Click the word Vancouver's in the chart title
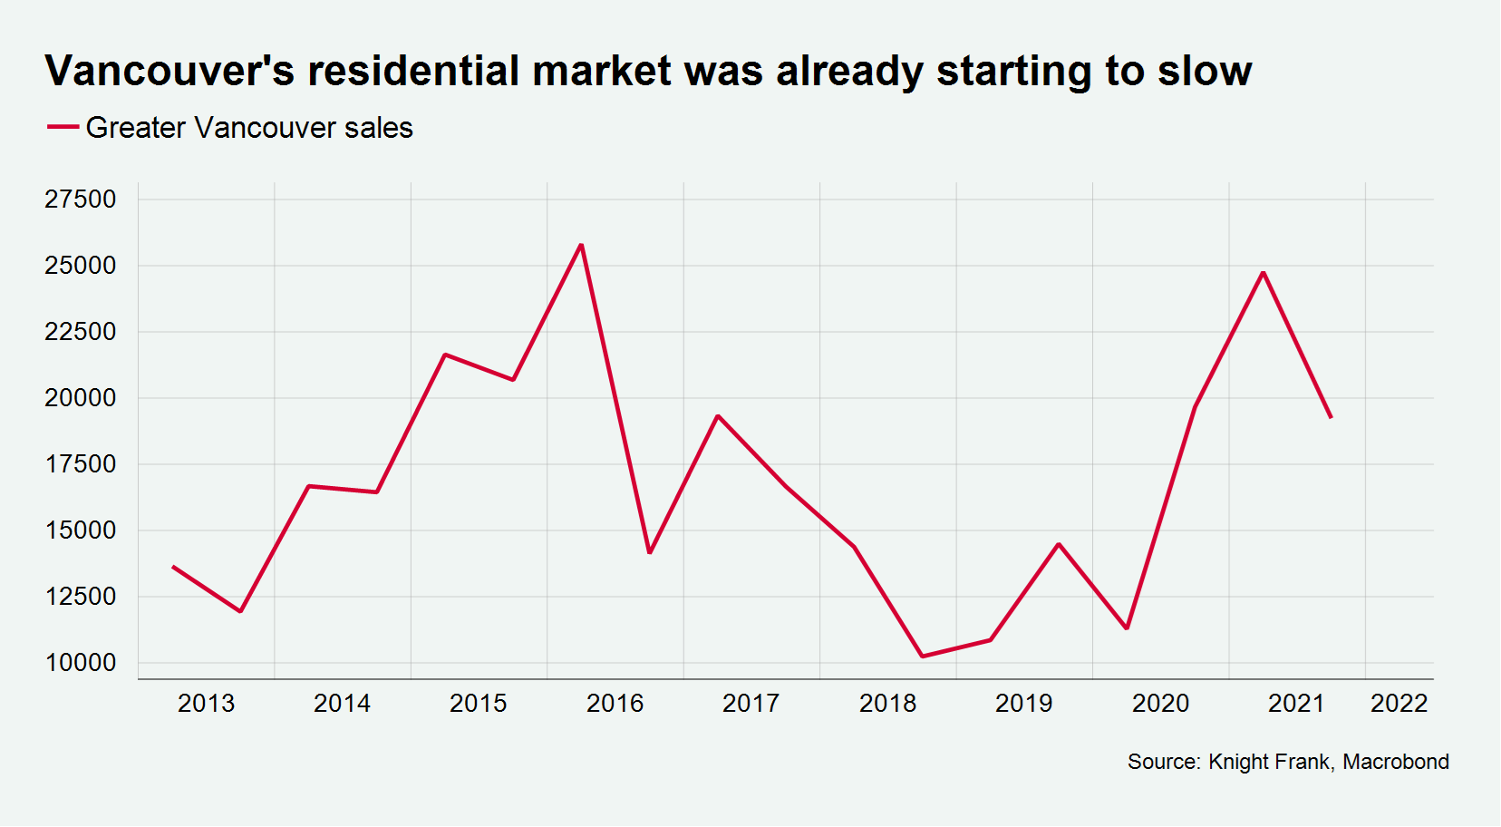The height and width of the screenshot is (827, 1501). point(169,71)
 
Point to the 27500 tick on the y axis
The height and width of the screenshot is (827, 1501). point(81,199)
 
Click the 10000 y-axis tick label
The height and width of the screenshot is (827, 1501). point(81,663)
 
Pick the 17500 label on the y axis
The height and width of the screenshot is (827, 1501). point(81,464)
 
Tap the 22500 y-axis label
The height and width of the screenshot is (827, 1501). point(81,332)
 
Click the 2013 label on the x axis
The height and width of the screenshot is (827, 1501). point(206,704)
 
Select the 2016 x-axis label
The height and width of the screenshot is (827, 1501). point(615,704)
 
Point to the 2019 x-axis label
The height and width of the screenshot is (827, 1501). point(1023,704)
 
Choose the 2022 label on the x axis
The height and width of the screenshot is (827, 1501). point(1399,704)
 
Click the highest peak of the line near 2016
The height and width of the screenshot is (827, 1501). point(581,245)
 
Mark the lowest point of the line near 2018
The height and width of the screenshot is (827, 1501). point(922,656)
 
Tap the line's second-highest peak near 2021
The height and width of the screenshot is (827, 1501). point(1263,272)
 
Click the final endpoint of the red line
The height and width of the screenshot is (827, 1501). point(1331,417)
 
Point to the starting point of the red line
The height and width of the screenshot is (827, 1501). point(173,567)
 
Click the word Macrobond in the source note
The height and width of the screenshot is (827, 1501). point(1396,762)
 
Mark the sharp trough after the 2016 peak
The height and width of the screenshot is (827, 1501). point(650,552)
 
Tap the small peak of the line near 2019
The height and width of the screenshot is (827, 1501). point(1058,544)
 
